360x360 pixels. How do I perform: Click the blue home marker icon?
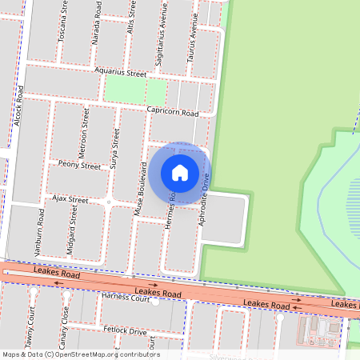pyautogui.click(x=180, y=172)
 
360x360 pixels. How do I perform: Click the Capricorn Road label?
pyautogui.click(x=171, y=112)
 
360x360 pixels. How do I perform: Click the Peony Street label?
pyautogui.click(x=79, y=166)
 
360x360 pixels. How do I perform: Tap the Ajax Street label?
pyautogui.click(x=70, y=198)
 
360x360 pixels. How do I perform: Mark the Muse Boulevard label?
pyautogui.click(x=141, y=186)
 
